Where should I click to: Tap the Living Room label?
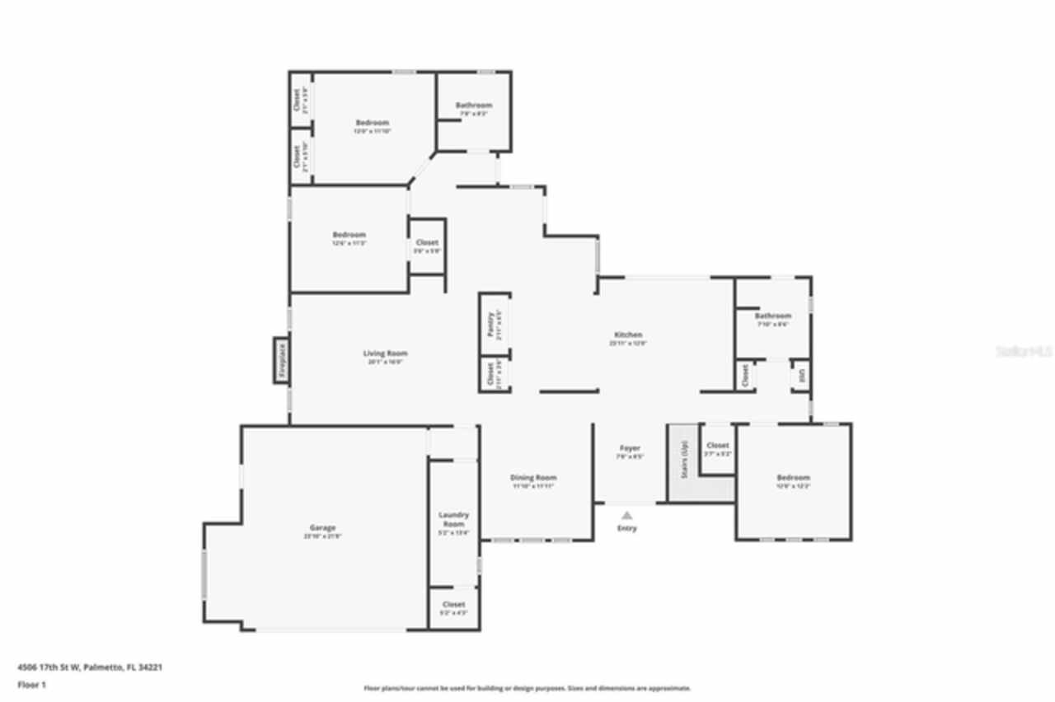(x=385, y=353)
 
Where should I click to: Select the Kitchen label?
(x=627, y=335)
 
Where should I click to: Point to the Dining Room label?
(x=533, y=478)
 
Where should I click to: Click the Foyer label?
(x=630, y=448)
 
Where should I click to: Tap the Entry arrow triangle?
(x=627, y=514)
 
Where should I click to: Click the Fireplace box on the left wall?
(x=282, y=360)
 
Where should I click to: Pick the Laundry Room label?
(x=453, y=519)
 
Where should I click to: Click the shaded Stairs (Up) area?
(x=683, y=461)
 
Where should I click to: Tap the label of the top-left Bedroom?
(x=372, y=123)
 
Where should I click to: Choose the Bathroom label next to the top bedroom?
(x=474, y=105)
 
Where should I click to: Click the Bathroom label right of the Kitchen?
(x=772, y=316)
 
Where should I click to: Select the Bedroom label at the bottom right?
(x=793, y=478)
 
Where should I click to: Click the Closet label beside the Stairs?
(x=717, y=446)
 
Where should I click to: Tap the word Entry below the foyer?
(x=627, y=528)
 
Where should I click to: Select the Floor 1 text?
(x=31, y=685)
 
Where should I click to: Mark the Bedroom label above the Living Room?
(x=349, y=235)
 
